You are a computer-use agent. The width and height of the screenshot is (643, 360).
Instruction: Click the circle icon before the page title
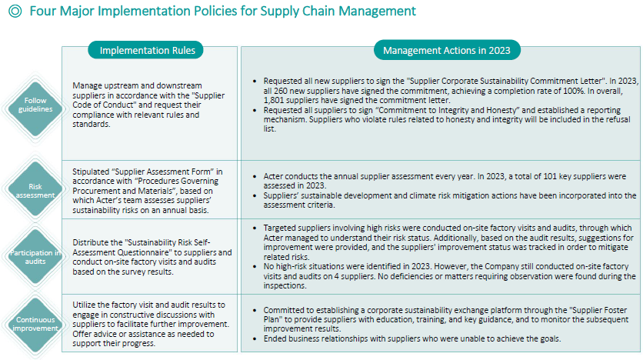15,11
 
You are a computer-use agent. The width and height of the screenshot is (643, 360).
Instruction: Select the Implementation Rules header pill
145,50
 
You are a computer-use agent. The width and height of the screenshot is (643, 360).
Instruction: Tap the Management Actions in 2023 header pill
447,50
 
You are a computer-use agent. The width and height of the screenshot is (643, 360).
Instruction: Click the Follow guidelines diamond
35,109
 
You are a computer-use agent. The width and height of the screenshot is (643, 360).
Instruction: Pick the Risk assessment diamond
35,190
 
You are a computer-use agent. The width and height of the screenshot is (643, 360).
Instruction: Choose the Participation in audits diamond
35,257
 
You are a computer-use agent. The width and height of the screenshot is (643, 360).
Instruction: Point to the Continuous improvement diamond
35,325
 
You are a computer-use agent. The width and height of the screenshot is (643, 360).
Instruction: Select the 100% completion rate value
573,91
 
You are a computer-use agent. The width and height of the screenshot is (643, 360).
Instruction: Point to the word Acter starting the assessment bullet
273,176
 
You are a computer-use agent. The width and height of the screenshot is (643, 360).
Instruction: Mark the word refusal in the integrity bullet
618,119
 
